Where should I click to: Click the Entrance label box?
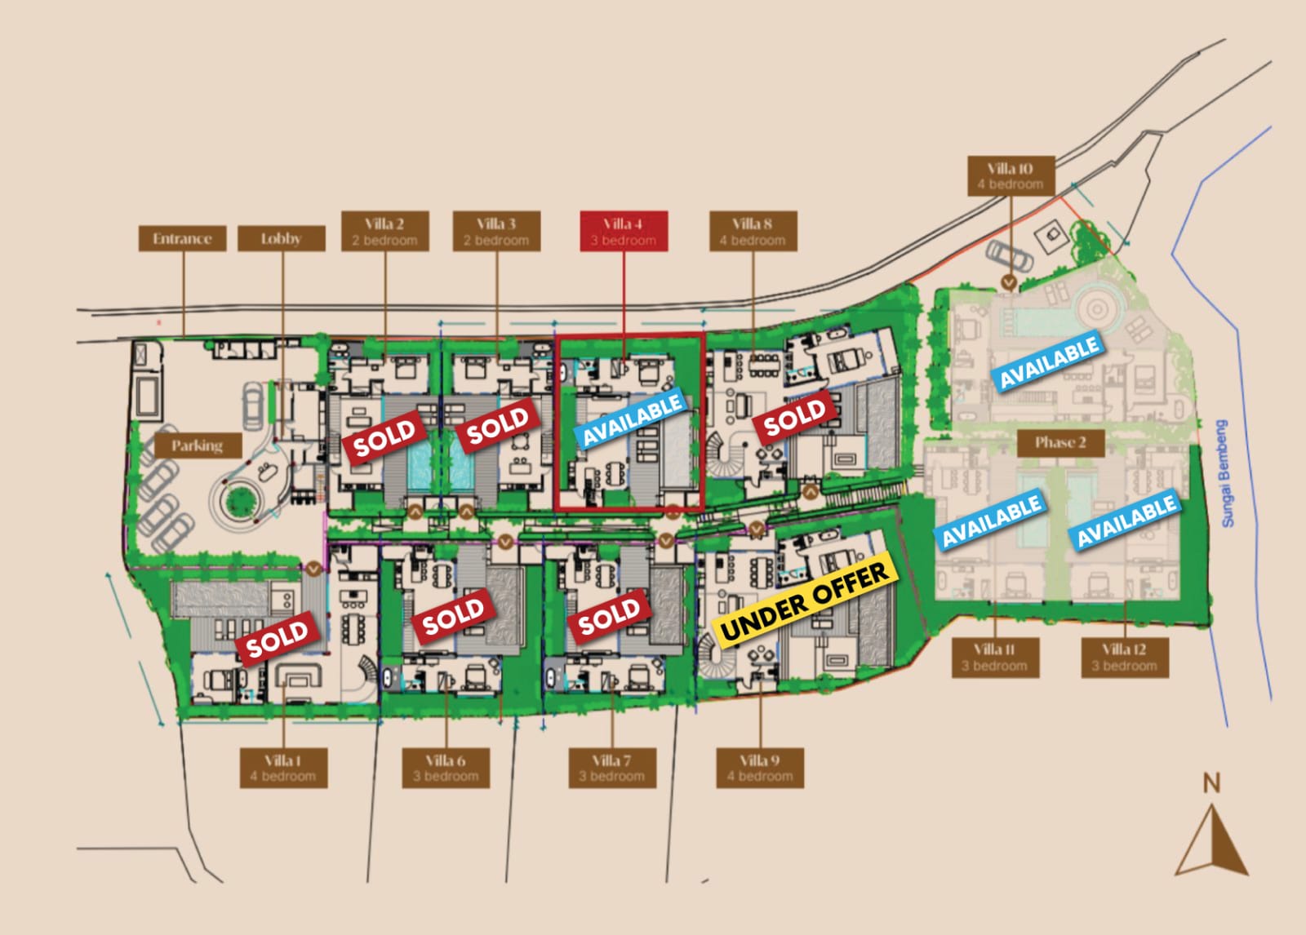182,238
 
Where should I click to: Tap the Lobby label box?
281,238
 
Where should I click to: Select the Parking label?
198,445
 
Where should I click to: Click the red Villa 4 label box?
624,231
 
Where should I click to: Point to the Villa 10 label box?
1010,176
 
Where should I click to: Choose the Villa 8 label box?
753,231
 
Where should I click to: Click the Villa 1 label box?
283,768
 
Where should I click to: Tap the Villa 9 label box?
760,768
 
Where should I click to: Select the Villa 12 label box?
1124,658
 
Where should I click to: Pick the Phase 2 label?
1060,443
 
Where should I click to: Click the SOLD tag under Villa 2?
384,436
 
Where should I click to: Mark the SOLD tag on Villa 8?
794,417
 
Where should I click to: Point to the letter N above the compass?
1211,784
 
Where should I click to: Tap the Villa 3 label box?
496,231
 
